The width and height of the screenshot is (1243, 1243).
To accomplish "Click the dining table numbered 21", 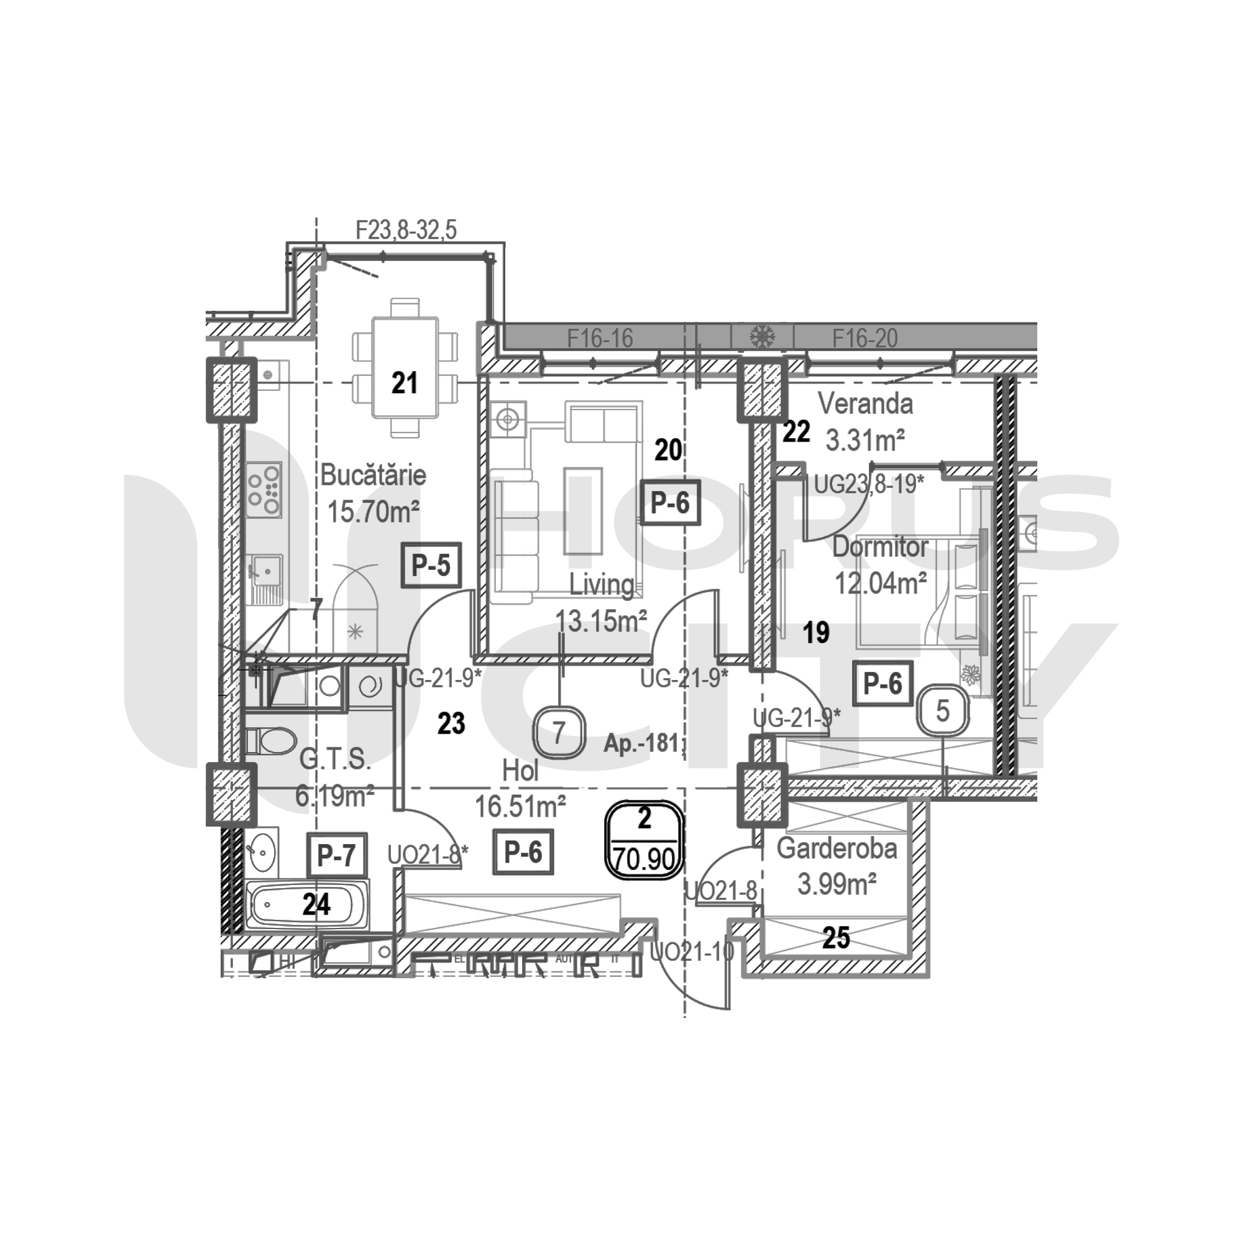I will coord(405,367).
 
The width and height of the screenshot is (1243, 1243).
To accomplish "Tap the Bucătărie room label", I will coord(373,475).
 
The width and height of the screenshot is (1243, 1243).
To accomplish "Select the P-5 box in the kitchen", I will coord(431,566).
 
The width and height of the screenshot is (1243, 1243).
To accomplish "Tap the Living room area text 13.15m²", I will coord(601,621).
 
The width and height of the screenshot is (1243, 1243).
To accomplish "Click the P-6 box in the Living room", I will coord(670,503).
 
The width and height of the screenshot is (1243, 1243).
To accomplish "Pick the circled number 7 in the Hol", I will coord(559,732).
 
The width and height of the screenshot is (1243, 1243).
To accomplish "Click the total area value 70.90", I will coord(644,858).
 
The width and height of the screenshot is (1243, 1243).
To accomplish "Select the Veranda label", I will coord(865,404).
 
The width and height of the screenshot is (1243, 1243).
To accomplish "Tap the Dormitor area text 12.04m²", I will coord(880,584).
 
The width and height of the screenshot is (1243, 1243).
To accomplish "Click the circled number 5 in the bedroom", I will coord(942,711).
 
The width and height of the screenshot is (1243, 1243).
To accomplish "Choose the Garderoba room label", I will coord(837,848).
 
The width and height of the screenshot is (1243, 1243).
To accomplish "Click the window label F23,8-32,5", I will coord(406,230).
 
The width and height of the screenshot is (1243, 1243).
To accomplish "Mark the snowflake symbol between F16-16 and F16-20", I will coord(763,336).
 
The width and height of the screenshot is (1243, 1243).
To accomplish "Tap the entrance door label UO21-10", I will coord(692,952).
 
